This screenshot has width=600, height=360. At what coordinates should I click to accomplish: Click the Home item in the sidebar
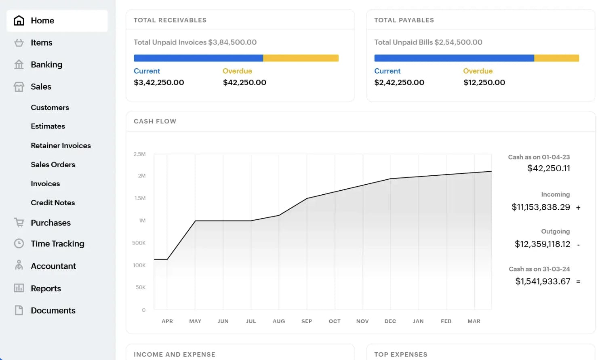click(42, 21)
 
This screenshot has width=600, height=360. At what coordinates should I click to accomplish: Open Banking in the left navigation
click(46, 65)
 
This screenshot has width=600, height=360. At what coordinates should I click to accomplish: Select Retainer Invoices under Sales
click(61, 145)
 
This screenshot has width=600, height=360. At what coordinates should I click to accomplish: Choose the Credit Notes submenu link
click(53, 202)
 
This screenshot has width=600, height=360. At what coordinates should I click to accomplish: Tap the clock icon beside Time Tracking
click(19, 243)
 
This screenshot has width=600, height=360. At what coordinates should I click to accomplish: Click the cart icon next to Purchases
click(19, 222)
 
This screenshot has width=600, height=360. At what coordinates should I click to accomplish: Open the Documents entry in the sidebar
click(53, 310)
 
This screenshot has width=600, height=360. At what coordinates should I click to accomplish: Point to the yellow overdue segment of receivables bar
click(301, 58)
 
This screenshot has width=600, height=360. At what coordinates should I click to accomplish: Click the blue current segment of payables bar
click(454, 58)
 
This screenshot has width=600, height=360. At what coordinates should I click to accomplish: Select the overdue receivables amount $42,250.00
click(244, 82)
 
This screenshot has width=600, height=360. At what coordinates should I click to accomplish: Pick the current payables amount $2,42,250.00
click(399, 82)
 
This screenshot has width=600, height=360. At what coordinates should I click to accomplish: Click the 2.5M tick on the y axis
click(139, 154)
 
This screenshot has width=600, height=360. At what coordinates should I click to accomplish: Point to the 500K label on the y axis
click(139, 243)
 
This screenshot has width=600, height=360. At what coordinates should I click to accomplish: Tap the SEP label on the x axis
click(307, 321)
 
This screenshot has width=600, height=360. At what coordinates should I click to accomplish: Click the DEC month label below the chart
click(390, 321)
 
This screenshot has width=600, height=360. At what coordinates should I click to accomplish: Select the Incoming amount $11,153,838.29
click(541, 207)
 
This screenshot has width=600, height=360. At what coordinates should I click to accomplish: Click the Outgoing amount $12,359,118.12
click(542, 244)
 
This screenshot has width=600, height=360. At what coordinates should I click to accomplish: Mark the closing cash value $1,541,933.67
click(543, 281)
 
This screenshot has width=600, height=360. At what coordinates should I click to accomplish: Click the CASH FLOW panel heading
click(155, 121)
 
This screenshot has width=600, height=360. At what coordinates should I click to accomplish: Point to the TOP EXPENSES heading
click(400, 354)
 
